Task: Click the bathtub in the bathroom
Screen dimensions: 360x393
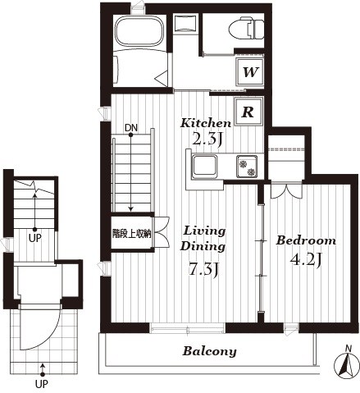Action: click(139, 30)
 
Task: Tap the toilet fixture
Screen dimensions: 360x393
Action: click(246, 29)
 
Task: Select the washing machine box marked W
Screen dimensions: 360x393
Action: click(250, 72)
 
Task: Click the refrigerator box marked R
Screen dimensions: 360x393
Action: click(248, 112)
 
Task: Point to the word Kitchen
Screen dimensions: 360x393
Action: click(206, 123)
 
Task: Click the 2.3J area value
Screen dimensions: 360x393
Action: click(207, 139)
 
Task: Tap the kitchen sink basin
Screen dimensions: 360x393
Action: click(205, 167)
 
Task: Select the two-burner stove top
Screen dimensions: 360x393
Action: click(247, 166)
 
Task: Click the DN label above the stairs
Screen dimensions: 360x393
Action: click(131, 127)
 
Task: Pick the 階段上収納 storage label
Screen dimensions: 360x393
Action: click(131, 234)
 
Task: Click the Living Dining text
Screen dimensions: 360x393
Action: click(203, 239)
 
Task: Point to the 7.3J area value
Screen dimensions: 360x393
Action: click(204, 269)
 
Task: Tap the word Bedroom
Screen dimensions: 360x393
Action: click(306, 240)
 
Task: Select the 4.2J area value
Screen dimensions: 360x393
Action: click(305, 259)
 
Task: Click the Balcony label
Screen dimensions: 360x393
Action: click(209, 351)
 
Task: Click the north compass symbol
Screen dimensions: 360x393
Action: click(346, 363)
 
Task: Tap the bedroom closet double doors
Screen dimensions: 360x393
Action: click(286, 190)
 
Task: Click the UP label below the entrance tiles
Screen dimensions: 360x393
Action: click(42, 384)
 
